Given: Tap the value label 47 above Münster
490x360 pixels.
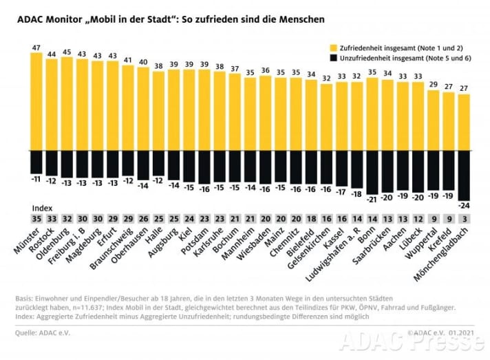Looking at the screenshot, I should tap(36, 47).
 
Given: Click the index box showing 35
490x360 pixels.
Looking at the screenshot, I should tap(36, 219).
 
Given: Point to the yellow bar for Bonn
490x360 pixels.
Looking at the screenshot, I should tap(372, 114).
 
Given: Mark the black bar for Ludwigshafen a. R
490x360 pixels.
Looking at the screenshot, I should tap(356, 169).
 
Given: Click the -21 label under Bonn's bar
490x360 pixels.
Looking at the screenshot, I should tap(372, 199).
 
